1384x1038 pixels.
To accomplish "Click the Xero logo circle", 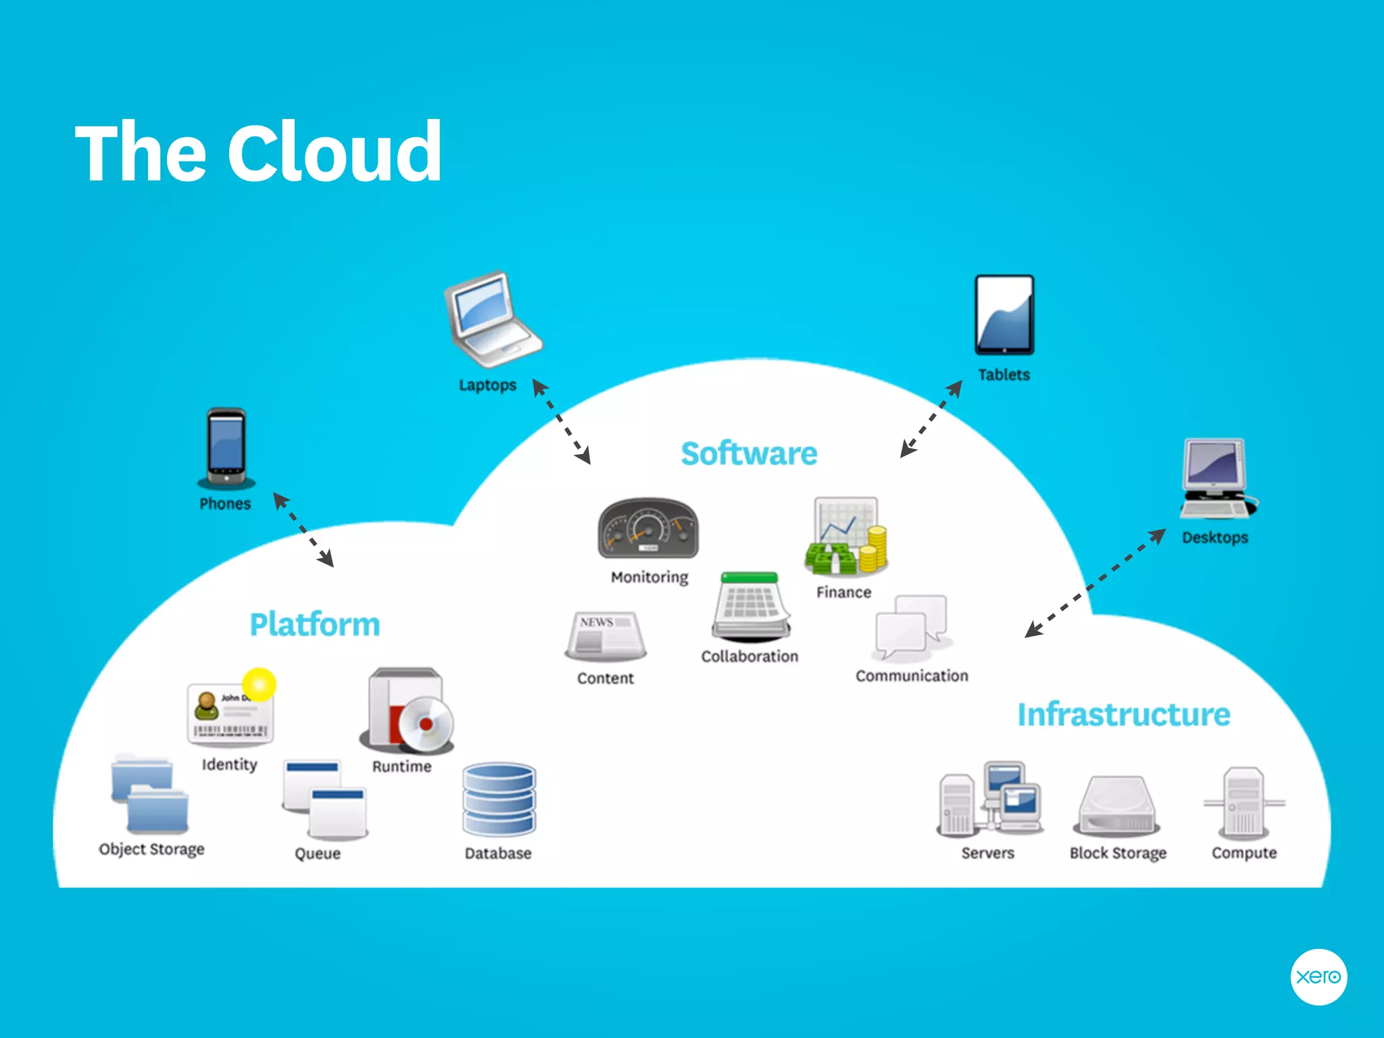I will coord(1318,977).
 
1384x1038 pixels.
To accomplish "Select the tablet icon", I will coord(1004,315).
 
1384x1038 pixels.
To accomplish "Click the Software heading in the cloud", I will coord(749,453).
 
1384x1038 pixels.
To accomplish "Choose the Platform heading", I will coord(315,624).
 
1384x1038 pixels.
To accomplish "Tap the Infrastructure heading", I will coord(1124,715).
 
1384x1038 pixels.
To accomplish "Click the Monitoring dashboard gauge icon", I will coord(648,529).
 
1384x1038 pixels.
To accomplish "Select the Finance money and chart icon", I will coord(846,537).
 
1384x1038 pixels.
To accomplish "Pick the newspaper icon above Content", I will coord(605,635).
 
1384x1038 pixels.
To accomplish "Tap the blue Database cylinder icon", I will coord(499,801).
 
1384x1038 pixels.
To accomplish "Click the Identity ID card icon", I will coord(230,713).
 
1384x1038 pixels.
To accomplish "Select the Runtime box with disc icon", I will coord(407,712).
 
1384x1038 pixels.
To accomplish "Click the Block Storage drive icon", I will coord(1117,806).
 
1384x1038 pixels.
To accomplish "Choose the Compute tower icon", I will coord(1244,802).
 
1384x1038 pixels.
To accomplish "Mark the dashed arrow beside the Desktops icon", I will coord(1095,583).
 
